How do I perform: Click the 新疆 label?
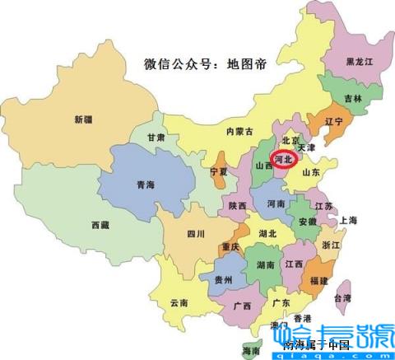[82, 119]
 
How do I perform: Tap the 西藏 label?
[101, 225]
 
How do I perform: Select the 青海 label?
[145, 185]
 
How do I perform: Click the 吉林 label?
[353, 97]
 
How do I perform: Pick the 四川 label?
[195, 233]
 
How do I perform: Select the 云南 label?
[179, 302]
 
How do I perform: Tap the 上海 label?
[348, 220]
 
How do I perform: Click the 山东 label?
[310, 173]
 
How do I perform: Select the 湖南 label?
[265, 265]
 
